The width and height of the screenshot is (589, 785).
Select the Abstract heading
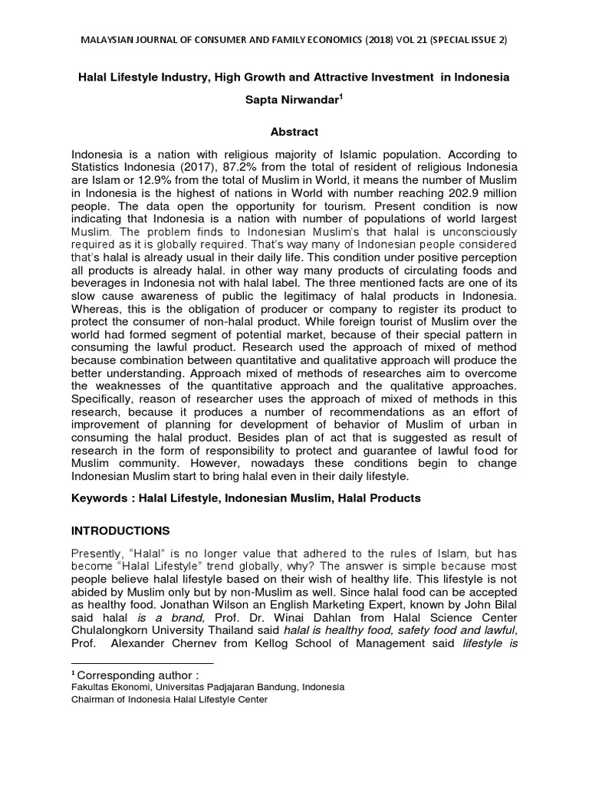coord(294,132)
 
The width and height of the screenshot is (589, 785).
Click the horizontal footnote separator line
coord(141,662)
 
